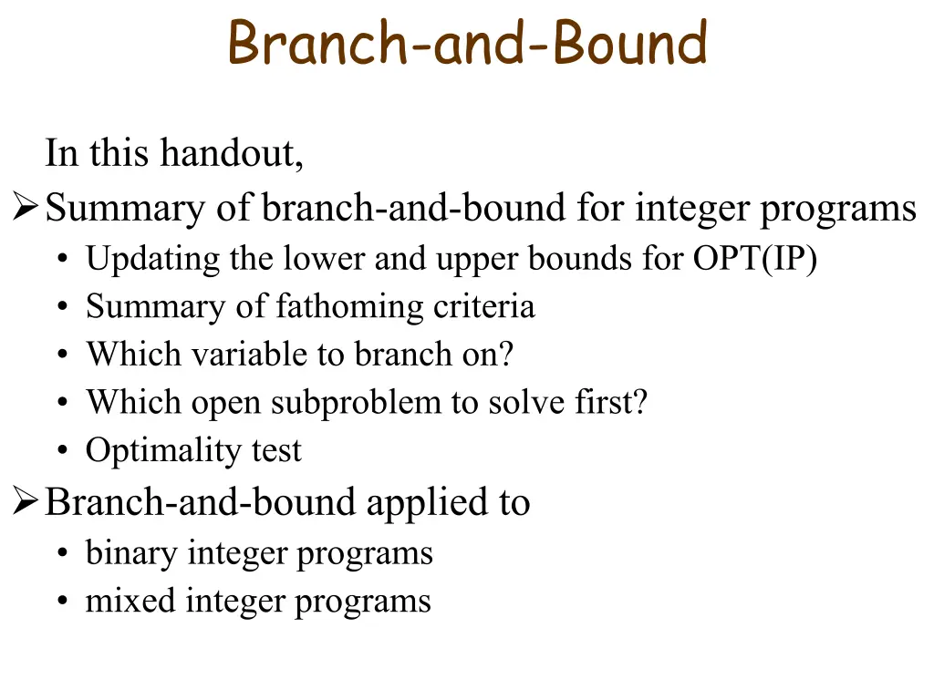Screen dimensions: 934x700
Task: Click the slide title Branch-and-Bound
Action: (x=468, y=42)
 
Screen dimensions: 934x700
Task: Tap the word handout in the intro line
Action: (x=232, y=153)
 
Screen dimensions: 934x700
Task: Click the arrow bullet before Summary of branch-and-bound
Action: (x=25, y=207)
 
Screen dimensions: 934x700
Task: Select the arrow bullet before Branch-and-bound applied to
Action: (x=25, y=500)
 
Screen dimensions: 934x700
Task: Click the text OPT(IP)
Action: (x=754, y=259)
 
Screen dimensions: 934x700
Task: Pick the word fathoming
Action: (x=349, y=307)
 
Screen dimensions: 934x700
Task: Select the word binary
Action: (x=131, y=553)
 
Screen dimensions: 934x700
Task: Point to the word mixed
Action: (x=130, y=600)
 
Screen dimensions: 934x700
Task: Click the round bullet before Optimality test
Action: (x=63, y=450)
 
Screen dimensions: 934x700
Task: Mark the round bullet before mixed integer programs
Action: (x=63, y=602)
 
